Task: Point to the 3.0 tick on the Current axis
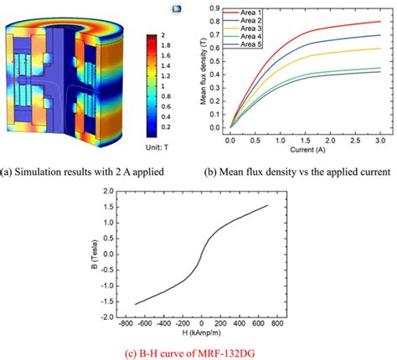(x=379, y=136)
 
